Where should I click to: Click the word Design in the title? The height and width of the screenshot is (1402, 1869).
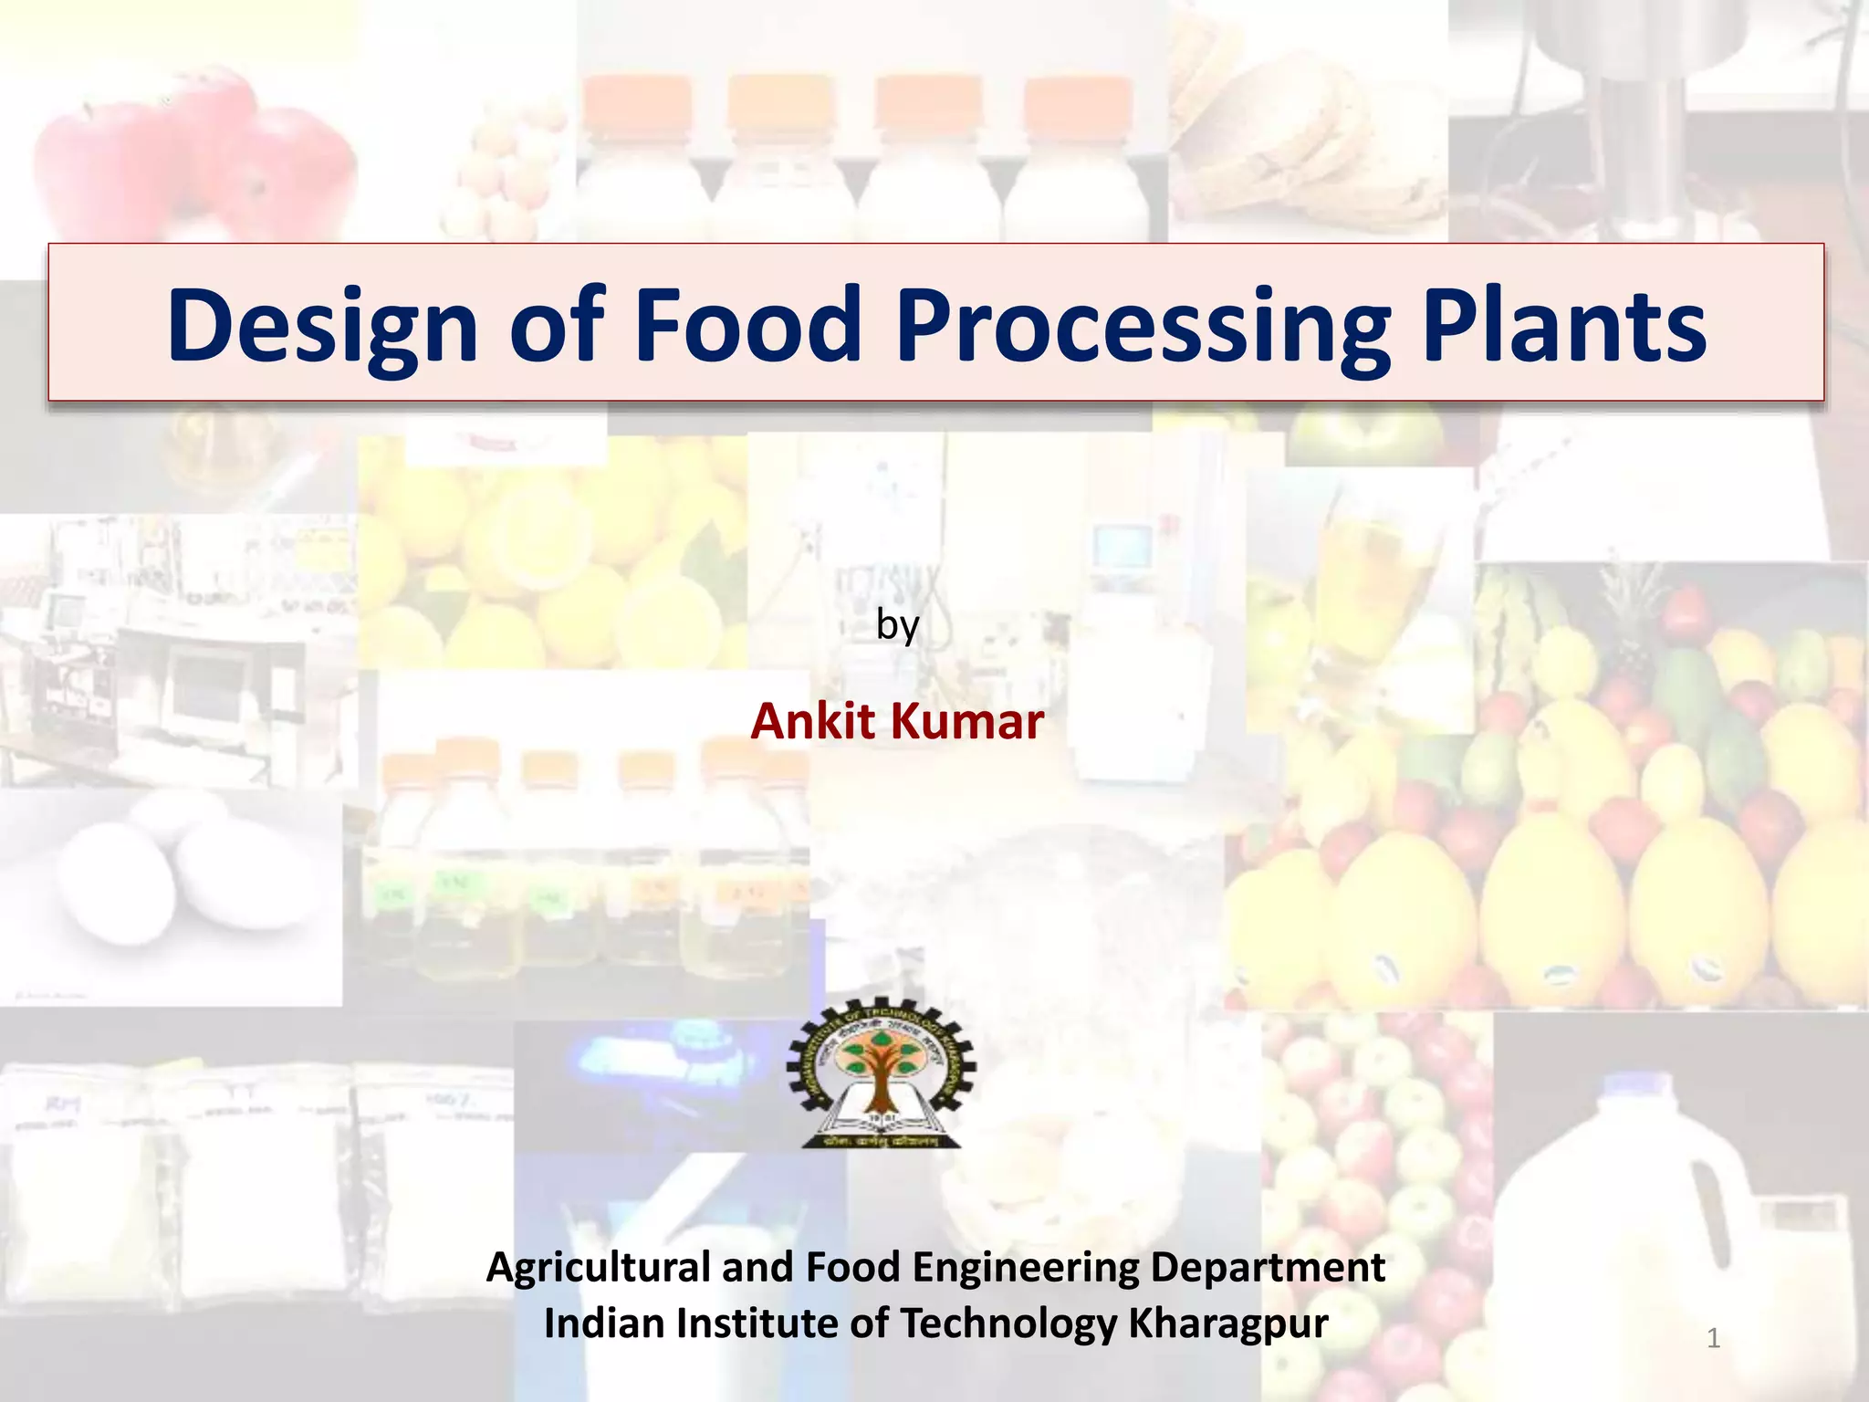point(322,326)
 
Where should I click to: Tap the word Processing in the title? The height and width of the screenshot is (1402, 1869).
point(1143,326)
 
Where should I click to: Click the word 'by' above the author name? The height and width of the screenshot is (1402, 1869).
point(897,626)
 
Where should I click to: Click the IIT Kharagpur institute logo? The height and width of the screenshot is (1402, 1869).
point(882,1072)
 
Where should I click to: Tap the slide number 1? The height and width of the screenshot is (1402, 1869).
point(1713,1338)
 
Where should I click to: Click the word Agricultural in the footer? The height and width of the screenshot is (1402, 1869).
point(598,1268)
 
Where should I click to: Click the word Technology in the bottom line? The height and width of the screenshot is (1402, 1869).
point(1008,1324)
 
